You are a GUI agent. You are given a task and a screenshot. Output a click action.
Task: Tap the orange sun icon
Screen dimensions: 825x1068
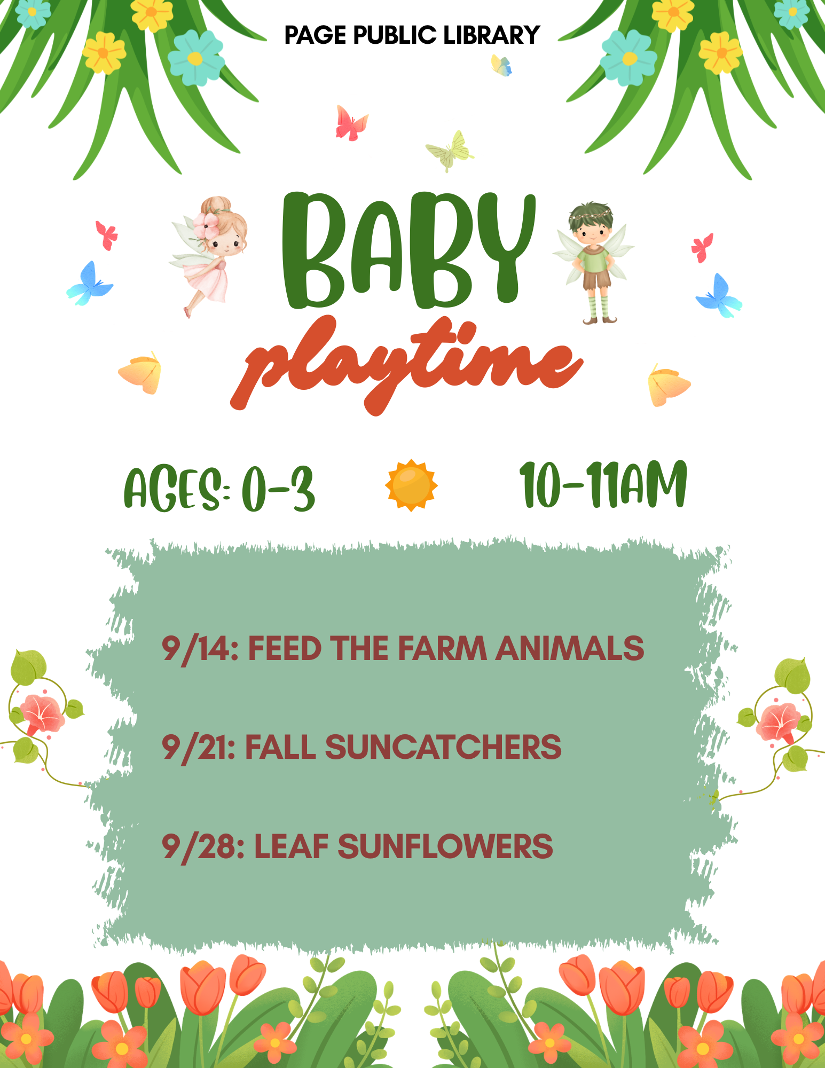point(411,485)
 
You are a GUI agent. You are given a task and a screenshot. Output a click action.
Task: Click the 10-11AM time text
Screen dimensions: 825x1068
point(603,485)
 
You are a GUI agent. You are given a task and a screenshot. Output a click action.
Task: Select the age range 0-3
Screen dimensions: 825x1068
point(278,489)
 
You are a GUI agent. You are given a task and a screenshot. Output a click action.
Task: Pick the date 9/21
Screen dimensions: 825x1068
point(198,747)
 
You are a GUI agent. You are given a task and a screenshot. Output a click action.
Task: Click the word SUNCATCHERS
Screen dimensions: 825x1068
point(443,747)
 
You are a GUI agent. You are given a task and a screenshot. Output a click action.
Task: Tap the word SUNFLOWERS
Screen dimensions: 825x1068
point(445,846)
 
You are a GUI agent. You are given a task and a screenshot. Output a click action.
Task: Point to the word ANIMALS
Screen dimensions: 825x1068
point(570,648)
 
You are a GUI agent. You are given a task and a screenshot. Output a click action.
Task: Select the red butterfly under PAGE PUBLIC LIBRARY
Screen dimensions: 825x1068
point(351,123)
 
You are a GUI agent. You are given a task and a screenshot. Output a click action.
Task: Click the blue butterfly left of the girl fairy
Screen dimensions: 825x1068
point(89,284)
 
